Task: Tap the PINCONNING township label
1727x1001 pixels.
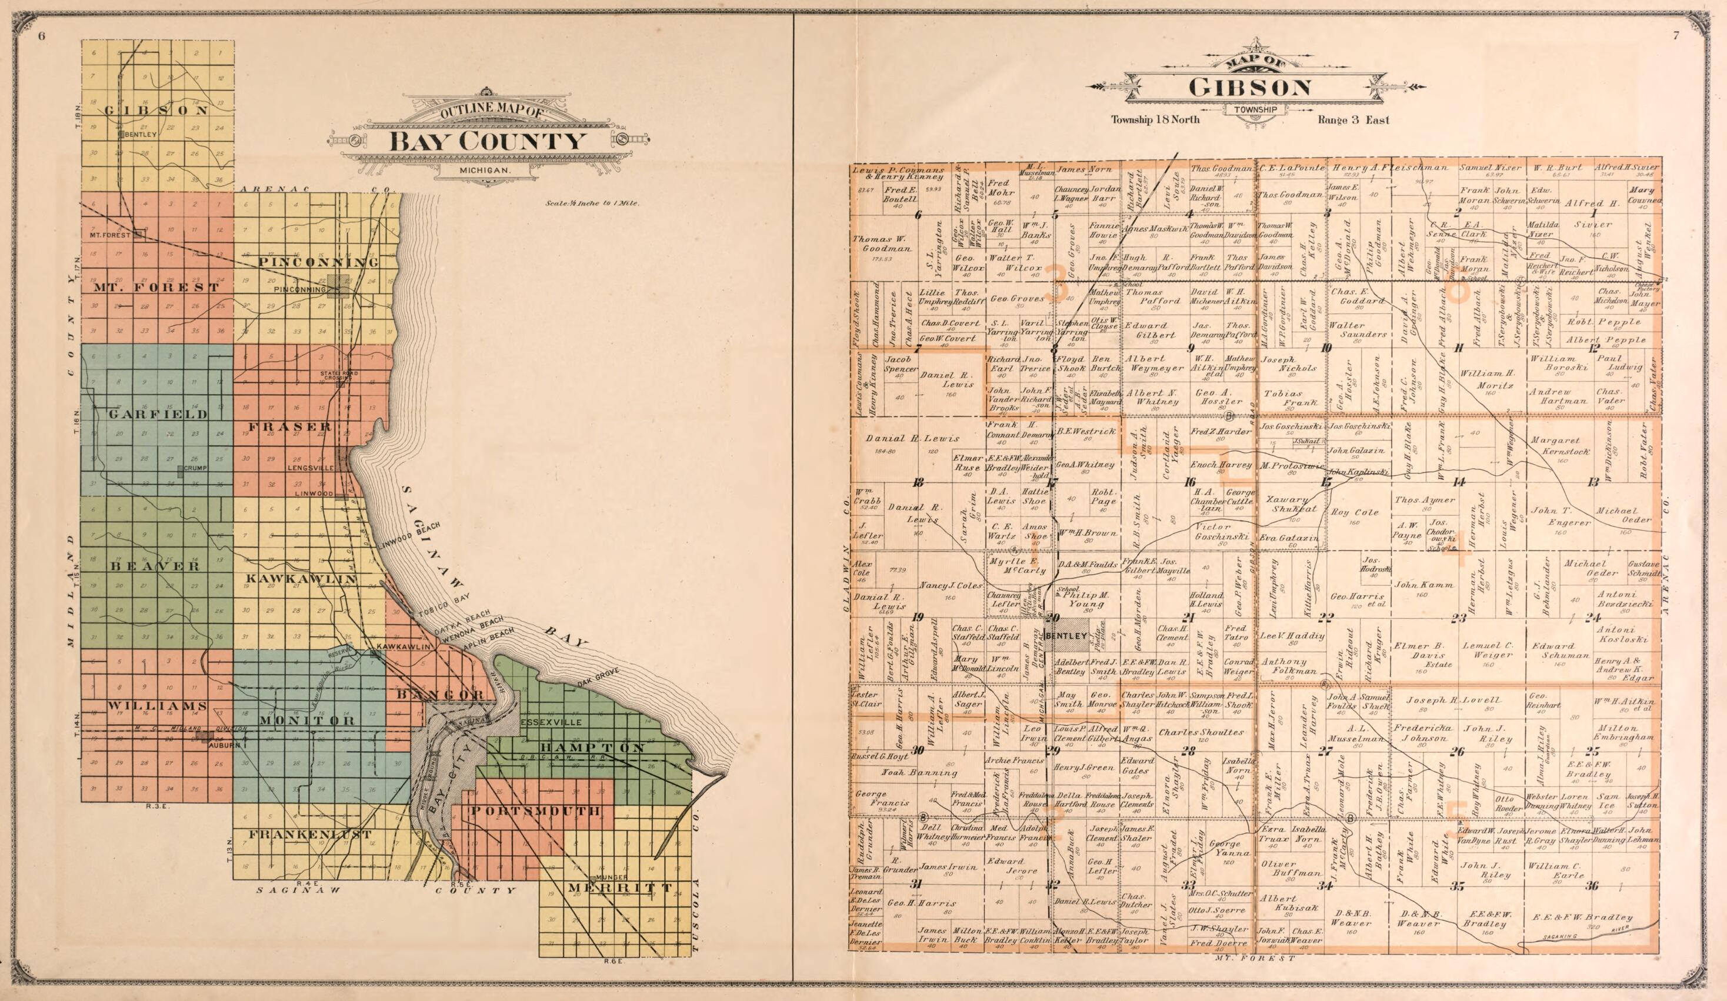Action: [319, 262]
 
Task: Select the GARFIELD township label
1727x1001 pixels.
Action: [157, 415]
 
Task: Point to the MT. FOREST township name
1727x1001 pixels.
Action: [155, 287]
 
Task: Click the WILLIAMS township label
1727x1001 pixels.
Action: [157, 706]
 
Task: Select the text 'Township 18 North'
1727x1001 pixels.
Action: [1155, 139]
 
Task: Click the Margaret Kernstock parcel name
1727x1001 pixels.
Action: [1556, 447]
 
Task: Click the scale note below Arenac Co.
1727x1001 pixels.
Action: [592, 203]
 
